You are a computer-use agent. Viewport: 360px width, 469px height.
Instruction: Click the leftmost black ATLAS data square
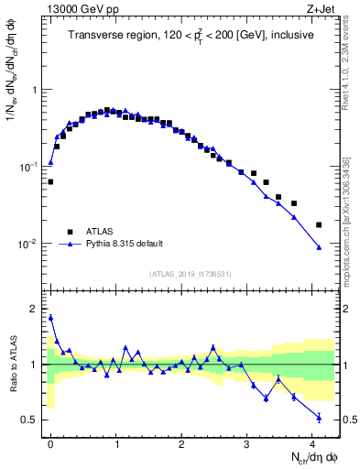tap(50, 181)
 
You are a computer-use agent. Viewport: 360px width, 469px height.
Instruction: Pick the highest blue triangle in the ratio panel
tap(50, 318)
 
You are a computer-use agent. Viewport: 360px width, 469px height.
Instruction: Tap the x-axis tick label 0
tap(50, 443)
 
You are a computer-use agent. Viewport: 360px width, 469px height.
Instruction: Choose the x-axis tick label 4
tap(312, 443)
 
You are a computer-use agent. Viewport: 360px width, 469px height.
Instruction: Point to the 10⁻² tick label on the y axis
tap(30, 245)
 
